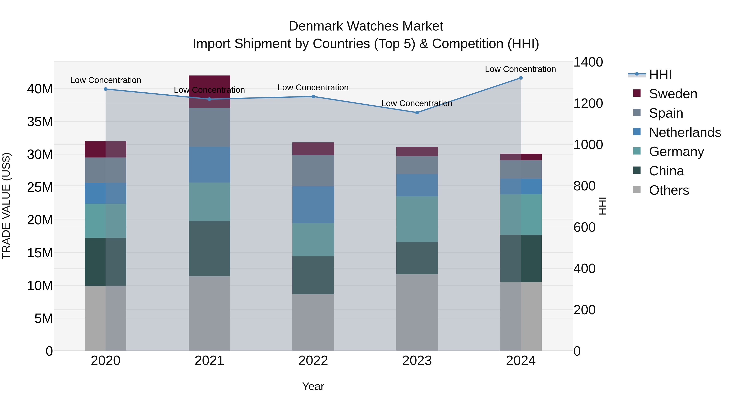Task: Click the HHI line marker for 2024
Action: (x=521, y=78)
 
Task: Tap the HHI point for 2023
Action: (x=417, y=113)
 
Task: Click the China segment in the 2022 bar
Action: (x=313, y=275)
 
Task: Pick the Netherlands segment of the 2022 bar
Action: (x=313, y=205)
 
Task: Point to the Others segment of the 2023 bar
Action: (x=417, y=313)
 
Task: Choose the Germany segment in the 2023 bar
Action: (x=417, y=219)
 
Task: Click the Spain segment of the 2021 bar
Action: (x=209, y=127)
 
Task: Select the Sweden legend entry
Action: (x=673, y=94)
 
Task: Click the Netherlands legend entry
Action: (x=685, y=132)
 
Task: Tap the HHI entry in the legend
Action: (x=660, y=74)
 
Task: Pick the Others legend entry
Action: (x=669, y=190)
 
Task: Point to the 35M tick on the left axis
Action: (x=40, y=122)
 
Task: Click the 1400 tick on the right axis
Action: (x=588, y=62)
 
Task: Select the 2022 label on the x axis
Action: (x=313, y=361)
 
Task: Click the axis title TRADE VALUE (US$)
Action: (x=6, y=206)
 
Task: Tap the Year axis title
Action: (x=313, y=386)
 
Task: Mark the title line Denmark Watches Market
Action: (x=366, y=26)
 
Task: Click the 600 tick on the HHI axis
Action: (x=584, y=227)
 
